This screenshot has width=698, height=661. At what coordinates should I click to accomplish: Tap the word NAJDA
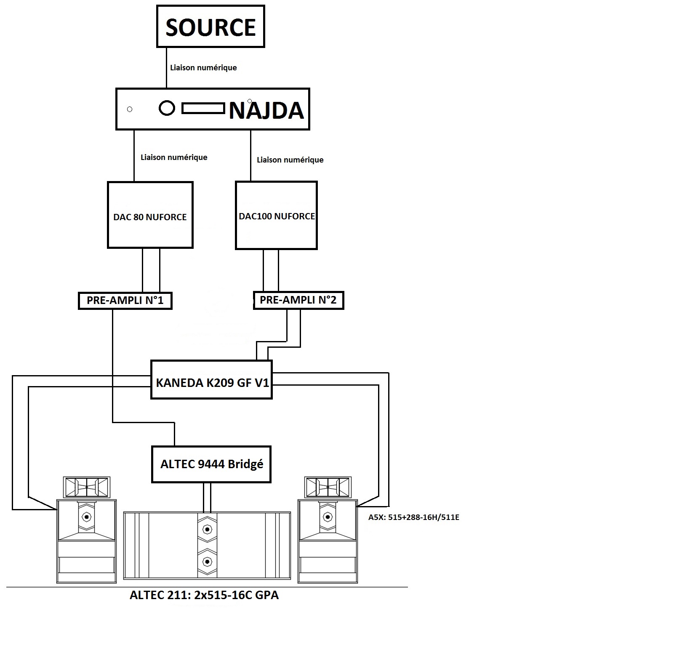(266, 110)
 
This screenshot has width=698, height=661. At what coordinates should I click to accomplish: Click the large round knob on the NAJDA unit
(167, 108)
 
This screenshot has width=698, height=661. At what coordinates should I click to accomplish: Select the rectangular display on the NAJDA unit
(203, 109)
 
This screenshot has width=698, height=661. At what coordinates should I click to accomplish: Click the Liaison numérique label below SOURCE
(203, 67)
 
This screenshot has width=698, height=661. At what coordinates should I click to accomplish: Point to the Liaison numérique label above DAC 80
(174, 157)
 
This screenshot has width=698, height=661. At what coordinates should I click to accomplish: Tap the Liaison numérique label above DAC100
(290, 160)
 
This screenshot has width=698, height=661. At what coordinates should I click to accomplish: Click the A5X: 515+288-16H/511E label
(413, 517)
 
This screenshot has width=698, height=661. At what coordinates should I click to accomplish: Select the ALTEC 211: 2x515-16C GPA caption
(204, 595)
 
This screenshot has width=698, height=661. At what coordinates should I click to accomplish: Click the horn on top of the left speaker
(87, 487)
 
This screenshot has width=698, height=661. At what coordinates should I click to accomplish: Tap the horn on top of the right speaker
(328, 487)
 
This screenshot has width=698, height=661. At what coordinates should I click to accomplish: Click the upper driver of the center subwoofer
(207, 529)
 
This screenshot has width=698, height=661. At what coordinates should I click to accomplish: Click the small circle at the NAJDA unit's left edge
(130, 109)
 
